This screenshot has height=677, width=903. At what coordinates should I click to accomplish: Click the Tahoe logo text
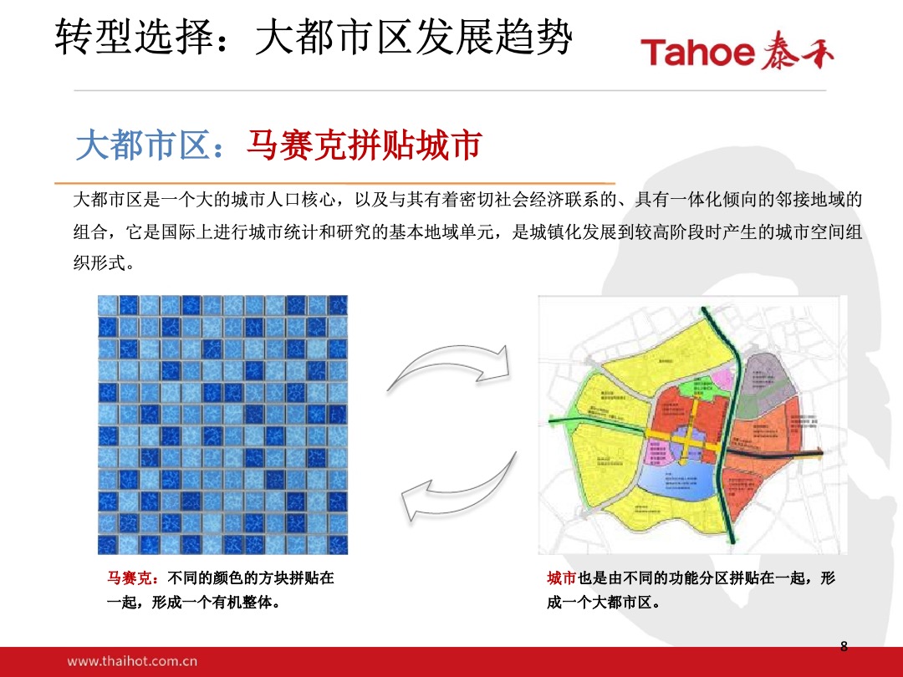(698, 53)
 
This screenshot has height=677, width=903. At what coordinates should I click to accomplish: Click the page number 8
(844, 645)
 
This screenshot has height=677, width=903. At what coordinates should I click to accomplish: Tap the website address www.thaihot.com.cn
(132, 661)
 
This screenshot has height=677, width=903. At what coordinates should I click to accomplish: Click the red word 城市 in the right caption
(561, 578)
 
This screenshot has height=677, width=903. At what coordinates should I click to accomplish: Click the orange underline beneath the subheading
(334, 183)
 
